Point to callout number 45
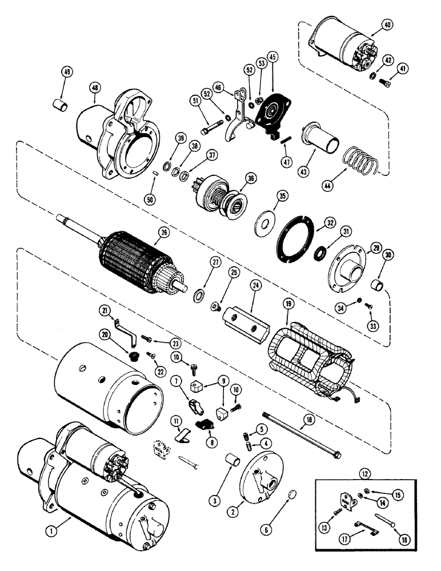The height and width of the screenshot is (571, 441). click(x=272, y=57)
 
